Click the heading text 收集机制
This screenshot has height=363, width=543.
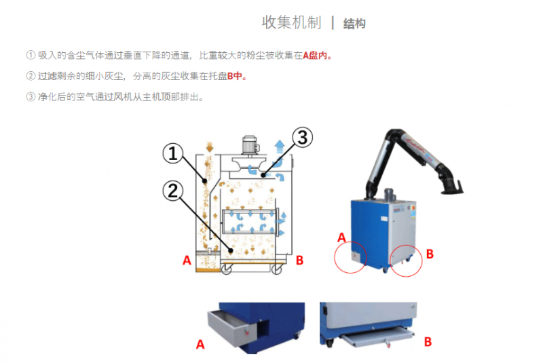pos(291,22)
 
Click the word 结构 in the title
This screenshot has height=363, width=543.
pos(354,24)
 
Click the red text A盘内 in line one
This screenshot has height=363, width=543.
pos(315,56)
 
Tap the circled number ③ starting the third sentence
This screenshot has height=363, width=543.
pos(31,97)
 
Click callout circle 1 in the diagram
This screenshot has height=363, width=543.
pos(173,153)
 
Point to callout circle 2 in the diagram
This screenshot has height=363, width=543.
pos(173,191)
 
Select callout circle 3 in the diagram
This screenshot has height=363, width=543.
pos(302,137)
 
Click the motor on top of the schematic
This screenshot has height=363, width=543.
pos(250,145)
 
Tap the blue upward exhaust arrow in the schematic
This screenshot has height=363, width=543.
pos(280,147)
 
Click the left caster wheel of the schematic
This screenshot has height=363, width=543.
pos(227,269)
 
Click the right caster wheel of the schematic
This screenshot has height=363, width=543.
pos(276,269)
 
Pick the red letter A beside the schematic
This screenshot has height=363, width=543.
pos(187,261)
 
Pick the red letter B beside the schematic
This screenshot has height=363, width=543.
pos(299,261)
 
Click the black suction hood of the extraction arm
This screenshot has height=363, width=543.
pos(452,188)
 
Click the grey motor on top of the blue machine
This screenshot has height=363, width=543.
pos(390,195)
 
